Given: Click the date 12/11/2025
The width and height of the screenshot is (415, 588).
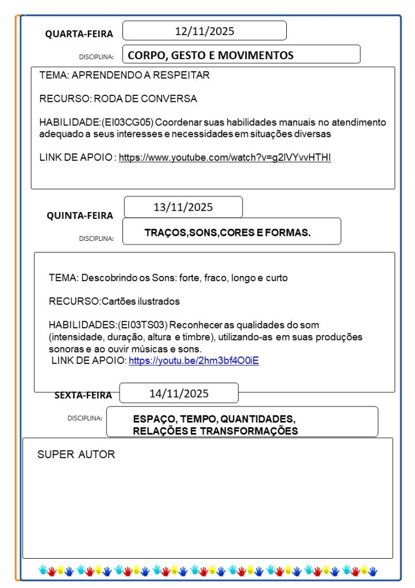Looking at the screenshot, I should pos(205,31).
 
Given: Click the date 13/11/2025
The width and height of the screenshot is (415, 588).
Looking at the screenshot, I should pos(183,207).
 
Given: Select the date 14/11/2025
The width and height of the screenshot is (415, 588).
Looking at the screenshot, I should pos(179,394).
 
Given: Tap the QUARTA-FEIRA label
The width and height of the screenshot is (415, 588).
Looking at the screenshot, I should pos(79,34).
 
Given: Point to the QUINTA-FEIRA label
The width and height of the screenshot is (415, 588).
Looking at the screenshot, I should pos(80,216).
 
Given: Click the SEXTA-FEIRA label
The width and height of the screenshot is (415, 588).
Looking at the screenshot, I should pos(83,395).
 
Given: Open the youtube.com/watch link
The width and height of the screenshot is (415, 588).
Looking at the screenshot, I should pos(225,157).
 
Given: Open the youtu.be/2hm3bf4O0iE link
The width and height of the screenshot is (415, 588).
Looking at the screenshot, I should pos(194,361).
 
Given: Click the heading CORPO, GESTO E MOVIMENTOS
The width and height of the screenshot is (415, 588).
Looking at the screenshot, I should pos(210,55).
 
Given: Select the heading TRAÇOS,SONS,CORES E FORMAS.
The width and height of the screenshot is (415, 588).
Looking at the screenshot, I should pos(228,233).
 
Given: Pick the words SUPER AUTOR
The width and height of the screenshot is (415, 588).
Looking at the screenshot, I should pos(76,455).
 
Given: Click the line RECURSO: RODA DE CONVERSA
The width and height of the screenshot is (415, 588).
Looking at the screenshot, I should pos(118,99).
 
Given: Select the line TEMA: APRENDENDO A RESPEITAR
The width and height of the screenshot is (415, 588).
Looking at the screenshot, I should pos(124,75).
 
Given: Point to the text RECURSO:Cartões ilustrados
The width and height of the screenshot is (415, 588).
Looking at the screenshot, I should pos(114,301).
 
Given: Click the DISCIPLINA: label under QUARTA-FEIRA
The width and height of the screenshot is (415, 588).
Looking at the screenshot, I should pos(96,57).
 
